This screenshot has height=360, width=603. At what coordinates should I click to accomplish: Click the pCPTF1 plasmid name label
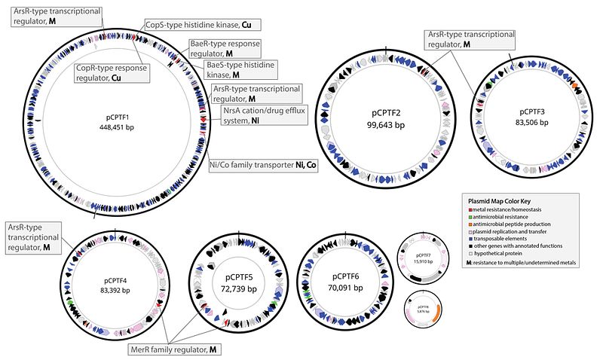122,117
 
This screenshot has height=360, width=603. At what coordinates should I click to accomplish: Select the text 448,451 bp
122,127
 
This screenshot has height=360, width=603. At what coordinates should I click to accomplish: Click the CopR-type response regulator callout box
110,73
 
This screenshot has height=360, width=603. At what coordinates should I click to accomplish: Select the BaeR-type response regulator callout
224,50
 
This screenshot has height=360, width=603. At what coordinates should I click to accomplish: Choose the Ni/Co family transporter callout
263,165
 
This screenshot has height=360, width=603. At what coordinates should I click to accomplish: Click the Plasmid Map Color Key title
498,202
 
